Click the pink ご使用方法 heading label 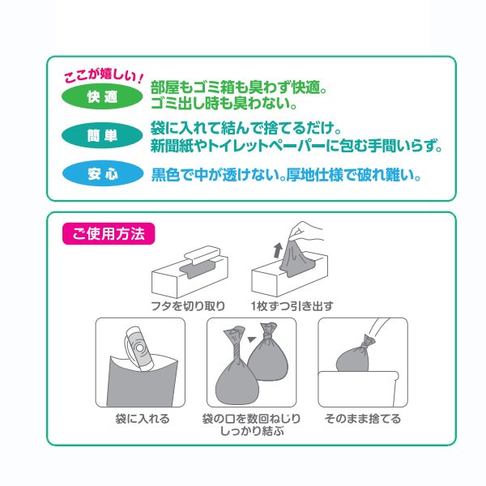point(108,236)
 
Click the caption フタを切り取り point(188,306)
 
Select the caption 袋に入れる point(142,419)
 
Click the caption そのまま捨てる point(362,419)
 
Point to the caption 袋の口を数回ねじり point(251,419)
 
